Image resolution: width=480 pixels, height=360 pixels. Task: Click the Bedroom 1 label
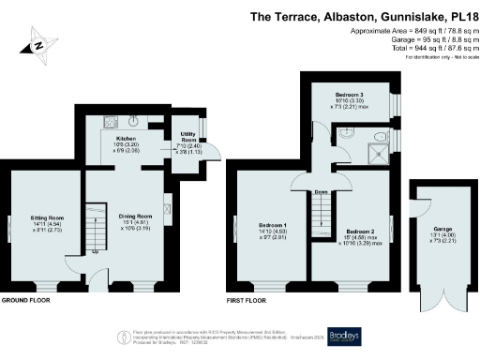[271, 225]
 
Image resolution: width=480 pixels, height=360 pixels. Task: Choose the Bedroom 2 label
[359, 231]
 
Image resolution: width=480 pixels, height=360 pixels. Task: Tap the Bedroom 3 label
[349, 95]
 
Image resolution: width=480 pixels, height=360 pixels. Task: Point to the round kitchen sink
[135, 120]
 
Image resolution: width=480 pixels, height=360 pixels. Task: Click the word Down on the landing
[322, 191]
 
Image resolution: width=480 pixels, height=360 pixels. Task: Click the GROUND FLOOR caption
[25, 301]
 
